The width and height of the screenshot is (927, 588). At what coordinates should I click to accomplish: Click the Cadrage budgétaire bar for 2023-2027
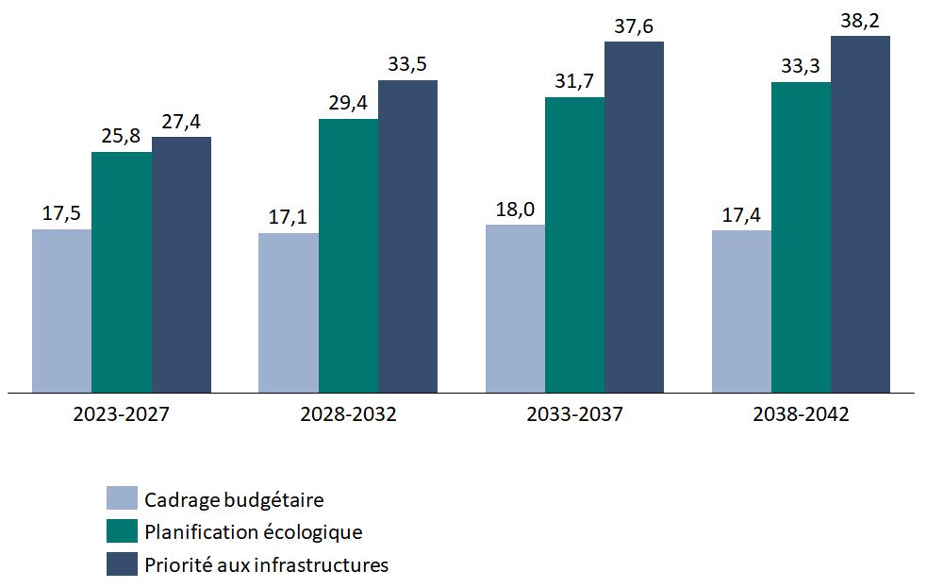point(61,311)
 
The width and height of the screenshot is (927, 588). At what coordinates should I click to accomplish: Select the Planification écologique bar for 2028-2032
point(348,255)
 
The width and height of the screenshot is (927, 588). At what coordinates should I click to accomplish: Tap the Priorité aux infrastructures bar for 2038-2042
point(860,214)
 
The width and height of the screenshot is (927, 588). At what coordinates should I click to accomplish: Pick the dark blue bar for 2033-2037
point(634,217)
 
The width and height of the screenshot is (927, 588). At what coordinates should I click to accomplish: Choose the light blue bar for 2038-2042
point(741,311)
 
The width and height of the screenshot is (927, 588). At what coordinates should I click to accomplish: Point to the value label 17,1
point(288,217)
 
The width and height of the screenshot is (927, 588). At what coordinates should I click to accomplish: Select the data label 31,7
point(573,82)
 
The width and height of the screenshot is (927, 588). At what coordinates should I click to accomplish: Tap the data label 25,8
point(121,136)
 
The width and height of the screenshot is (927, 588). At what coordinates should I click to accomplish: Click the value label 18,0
point(515,209)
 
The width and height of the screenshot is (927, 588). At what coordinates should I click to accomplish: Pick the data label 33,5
point(407,65)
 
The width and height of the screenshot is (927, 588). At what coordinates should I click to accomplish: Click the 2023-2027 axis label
point(122,414)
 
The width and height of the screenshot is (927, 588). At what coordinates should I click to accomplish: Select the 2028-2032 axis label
point(348,414)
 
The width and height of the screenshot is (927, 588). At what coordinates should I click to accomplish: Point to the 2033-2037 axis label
point(574,414)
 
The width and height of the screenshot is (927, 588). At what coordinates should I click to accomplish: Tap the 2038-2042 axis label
point(801,414)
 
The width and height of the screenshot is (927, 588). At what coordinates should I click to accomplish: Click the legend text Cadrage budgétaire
point(235,498)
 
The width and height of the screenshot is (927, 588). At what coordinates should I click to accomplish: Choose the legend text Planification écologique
point(253,531)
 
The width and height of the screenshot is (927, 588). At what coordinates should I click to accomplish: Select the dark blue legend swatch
point(122,564)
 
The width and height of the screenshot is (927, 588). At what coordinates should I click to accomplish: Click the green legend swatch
point(122,531)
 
